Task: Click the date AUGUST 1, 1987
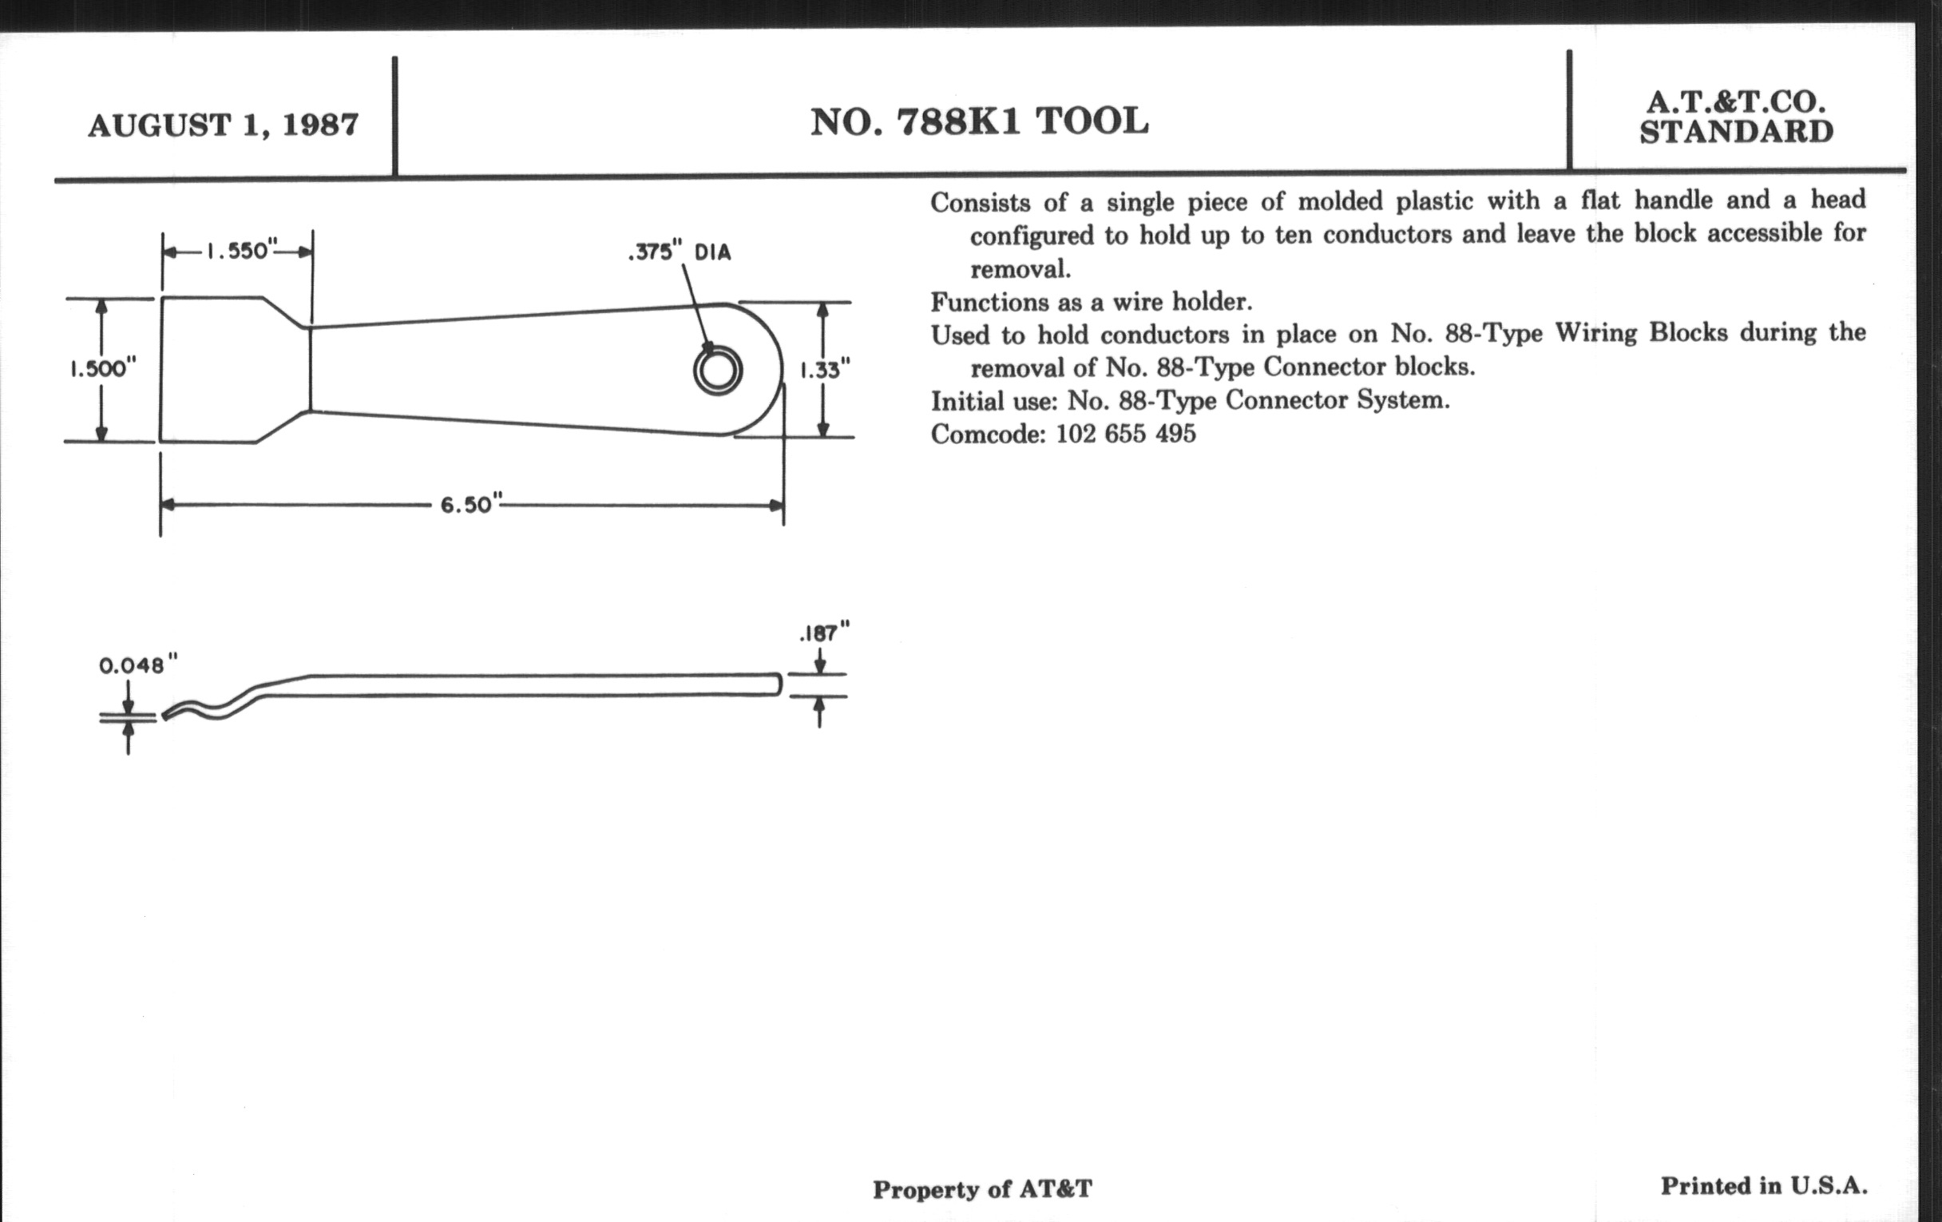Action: pyautogui.click(x=224, y=126)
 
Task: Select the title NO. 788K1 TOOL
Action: pyautogui.click(x=979, y=121)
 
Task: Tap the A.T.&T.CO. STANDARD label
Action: pyautogui.click(x=1736, y=117)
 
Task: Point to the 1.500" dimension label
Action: pyautogui.click(x=102, y=369)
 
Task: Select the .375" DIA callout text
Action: pyautogui.click(x=679, y=252)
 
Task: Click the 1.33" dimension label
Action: pyautogui.click(x=824, y=371)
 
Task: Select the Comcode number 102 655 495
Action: pyautogui.click(x=1126, y=434)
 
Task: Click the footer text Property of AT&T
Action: pyautogui.click(x=982, y=1189)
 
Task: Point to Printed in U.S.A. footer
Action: pyautogui.click(x=1764, y=1186)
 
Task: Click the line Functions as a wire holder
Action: pyautogui.click(x=1091, y=303)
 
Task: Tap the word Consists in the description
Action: pyautogui.click(x=980, y=201)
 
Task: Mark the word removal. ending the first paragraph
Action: pyautogui.click(x=1021, y=268)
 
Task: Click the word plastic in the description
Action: pyautogui.click(x=1435, y=200)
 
